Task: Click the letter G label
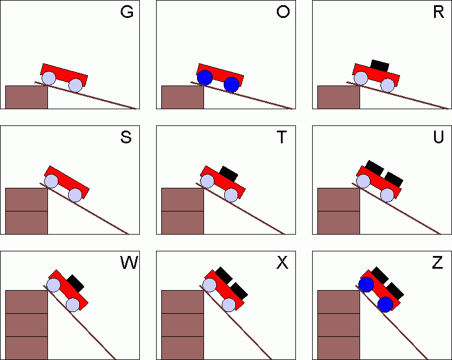127,13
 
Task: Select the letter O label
283,13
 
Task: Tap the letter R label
438,13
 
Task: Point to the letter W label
128,263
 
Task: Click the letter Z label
439,263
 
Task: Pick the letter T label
283,138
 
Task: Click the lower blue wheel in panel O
231,84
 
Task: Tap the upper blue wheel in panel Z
365,284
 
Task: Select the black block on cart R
380,65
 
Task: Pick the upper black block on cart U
374,168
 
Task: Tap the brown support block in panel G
27,97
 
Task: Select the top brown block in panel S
27,199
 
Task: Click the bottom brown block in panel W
27,348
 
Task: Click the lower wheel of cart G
76,86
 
